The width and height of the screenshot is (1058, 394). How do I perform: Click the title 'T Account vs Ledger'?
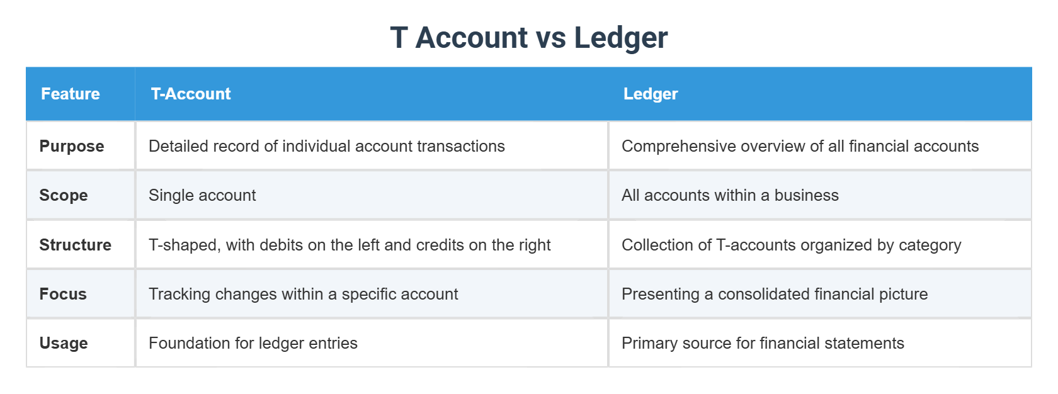tap(528, 38)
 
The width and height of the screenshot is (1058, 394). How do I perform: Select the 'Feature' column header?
tap(71, 94)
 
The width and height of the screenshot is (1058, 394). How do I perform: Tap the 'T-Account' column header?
tap(191, 94)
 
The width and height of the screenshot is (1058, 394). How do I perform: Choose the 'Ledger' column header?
tap(651, 94)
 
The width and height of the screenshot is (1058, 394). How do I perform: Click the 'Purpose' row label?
tap(72, 146)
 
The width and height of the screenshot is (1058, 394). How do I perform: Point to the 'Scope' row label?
tap(64, 195)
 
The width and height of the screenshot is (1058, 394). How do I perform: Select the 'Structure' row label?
tap(76, 245)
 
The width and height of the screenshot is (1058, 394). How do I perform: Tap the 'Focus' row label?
tap(63, 294)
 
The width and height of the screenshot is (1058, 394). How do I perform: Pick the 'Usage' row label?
tap(64, 343)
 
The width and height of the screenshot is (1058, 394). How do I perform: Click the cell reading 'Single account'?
tap(202, 195)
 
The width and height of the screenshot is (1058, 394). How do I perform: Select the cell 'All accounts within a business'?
tap(730, 195)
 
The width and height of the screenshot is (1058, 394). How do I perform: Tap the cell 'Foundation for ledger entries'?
tap(253, 343)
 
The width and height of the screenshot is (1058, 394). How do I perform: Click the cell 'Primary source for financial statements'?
tap(763, 343)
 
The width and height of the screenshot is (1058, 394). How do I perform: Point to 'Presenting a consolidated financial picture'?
tap(775, 294)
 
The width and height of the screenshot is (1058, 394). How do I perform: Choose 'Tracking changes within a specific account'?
tap(304, 294)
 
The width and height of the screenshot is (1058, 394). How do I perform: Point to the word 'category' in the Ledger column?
tap(930, 245)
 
